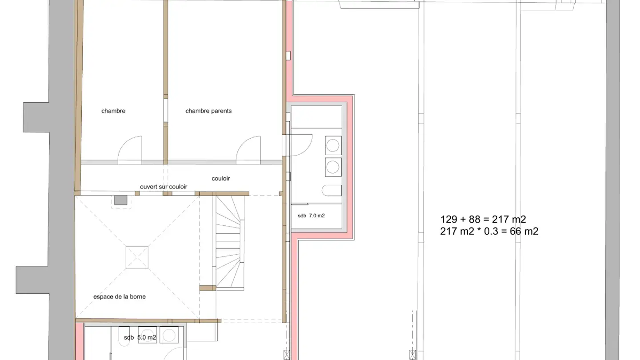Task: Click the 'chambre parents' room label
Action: tap(208, 111)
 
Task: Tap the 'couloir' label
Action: tap(220, 178)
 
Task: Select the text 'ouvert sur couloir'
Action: tap(164, 187)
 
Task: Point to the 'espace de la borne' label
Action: tap(120, 296)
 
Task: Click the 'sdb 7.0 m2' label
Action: tap(311, 216)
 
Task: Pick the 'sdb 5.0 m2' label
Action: tap(140, 337)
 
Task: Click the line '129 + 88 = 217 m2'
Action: tap(483, 220)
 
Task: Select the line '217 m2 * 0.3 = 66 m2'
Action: tap(489, 231)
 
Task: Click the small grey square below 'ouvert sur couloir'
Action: tap(120, 200)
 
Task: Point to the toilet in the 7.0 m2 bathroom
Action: tap(332, 191)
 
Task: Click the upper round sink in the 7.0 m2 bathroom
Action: tap(333, 145)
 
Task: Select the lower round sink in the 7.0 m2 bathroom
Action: tap(333, 167)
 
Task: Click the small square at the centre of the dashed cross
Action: tap(137, 257)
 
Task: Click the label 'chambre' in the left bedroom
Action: tap(113, 111)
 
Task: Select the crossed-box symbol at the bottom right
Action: tap(412, 355)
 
